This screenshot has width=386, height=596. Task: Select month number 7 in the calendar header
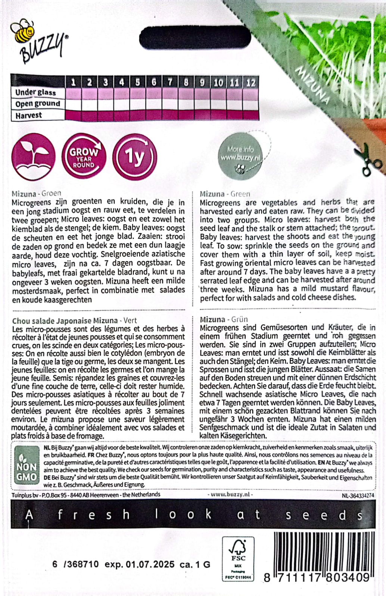(170, 82)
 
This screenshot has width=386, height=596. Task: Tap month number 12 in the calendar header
(250, 82)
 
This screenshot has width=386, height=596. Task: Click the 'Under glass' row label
(35, 92)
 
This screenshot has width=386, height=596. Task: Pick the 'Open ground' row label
(37, 104)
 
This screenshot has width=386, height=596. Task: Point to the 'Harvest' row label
(29, 116)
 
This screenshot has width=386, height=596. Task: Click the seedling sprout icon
(33, 157)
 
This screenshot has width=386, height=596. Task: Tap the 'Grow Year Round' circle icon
(84, 157)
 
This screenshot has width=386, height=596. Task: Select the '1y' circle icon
(134, 157)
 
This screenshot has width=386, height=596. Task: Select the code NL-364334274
(357, 495)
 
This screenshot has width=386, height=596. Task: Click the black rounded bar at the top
(195, 38)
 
